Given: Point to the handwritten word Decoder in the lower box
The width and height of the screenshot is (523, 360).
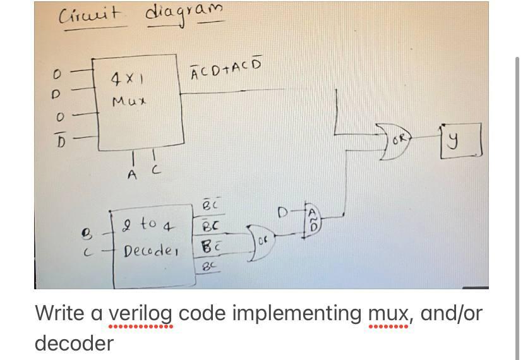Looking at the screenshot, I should (151, 252).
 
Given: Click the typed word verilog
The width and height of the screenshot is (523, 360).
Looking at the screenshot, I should (141, 314).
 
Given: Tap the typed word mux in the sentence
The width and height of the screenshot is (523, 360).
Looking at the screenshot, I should (388, 314).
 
